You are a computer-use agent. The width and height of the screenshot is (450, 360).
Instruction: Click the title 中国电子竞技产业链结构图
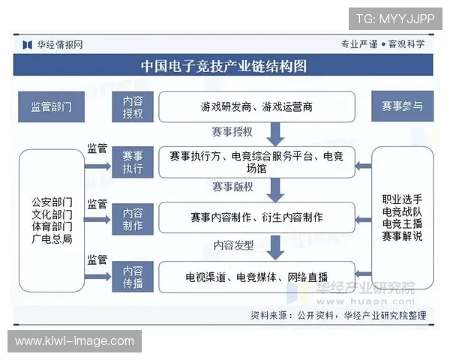[224, 65]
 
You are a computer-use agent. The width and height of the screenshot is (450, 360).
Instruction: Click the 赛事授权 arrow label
[232, 133]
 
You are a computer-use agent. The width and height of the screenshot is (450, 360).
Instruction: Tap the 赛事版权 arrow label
[232, 187]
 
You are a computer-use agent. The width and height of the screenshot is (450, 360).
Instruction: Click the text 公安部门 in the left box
[52, 202]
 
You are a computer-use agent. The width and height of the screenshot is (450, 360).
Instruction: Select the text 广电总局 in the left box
[52, 238]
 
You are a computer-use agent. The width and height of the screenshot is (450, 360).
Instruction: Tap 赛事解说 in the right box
[402, 236]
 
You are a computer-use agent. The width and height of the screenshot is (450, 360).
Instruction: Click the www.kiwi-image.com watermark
[74, 341]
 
